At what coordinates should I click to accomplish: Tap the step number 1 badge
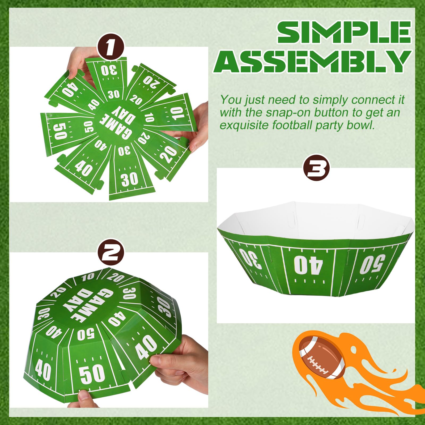tap(110, 48)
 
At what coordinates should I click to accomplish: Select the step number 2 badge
tap(110, 252)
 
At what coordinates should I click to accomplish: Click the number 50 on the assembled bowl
tap(372, 263)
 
